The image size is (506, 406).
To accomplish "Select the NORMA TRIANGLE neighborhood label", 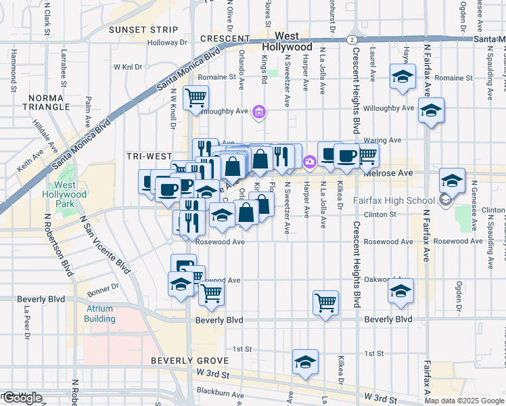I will pyautogui.click(x=45, y=102).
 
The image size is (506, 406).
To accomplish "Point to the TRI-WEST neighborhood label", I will pyautogui.click(x=149, y=156).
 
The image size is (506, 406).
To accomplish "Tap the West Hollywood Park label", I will pyautogui.click(x=66, y=194).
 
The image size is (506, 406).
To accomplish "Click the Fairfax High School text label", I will pyautogui.click(x=394, y=200).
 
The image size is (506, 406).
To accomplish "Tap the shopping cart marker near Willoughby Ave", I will pyautogui.click(x=195, y=97).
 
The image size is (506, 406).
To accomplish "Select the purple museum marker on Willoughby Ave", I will pyautogui.click(x=258, y=112).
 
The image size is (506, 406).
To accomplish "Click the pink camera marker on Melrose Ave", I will pyautogui.click(x=309, y=161).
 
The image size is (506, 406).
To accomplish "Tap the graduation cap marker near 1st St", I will pyautogui.click(x=306, y=361).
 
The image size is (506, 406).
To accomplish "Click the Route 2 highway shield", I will pyautogui.click(x=352, y=40).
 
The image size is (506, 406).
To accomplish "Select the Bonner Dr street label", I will pyautogui.click(x=103, y=286).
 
